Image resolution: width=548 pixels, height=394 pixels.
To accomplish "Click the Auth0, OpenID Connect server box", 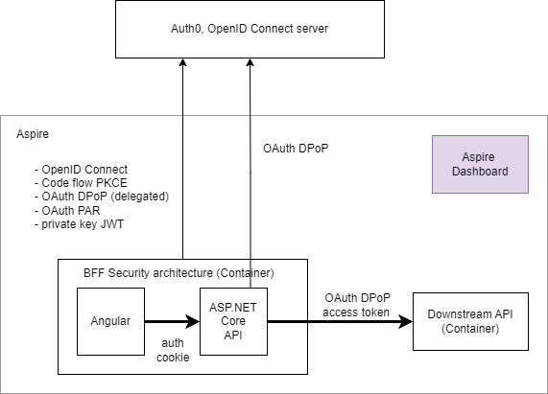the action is pyautogui.click(x=250, y=29).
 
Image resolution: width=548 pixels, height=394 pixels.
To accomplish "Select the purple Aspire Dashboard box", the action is pyautogui.click(x=480, y=164).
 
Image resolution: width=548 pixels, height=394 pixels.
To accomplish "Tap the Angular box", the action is pyautogui.click(x=110, y=321).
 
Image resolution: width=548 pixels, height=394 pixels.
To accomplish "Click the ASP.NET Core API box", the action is pyautogui.click(x=233, y=321).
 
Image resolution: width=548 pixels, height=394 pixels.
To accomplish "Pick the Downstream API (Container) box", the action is pyautogui.click(x=470, y=321).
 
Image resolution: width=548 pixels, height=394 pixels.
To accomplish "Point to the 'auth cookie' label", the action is pyautogui.click(x=173, y=350).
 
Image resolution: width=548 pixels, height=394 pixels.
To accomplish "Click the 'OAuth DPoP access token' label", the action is pyautogui.click(x=356, y=305).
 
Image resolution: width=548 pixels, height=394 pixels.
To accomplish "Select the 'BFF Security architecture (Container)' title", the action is pyautogui.click(x=179, y=272).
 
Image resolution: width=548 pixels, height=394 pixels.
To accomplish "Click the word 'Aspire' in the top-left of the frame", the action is pyautogui.click(x=33, y=134).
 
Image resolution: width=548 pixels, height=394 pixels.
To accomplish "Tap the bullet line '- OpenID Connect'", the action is pyautogui.click(x=81, y=170).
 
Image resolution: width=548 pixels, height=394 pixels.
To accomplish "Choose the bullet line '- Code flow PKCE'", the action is pyautogui.click(x=81, y=183).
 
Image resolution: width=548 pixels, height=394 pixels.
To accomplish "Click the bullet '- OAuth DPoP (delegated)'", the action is pyautogui.click(x=102, y=197).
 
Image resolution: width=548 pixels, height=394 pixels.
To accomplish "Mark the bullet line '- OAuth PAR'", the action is pyautogui.click(x=67, y=211).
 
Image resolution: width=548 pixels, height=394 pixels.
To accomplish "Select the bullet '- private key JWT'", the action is pyautogui.click(x=79, y=224).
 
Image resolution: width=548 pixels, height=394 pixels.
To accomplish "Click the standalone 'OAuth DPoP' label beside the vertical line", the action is pyautogui.click(x=296, y=149).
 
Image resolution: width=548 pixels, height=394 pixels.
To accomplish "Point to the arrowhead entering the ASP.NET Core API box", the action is pyautogui.click(x=193, y=321).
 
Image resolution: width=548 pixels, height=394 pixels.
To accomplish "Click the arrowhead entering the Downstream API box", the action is pyautogui.click(x=406, y=321).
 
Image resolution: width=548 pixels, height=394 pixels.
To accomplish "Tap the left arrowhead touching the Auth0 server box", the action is pyautogui.click(x=182, y=62).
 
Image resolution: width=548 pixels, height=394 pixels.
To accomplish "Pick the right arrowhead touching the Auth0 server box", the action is pyautogui.click(x=250, y=62).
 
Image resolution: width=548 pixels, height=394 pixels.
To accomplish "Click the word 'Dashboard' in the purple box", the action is pyautogui.click(x=480, y=172).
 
